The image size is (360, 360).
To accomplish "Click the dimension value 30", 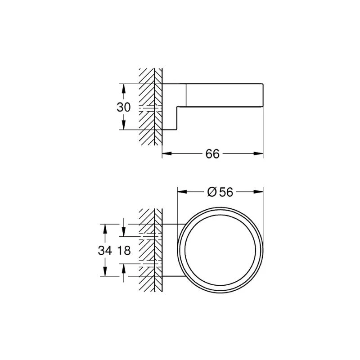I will [124, 107].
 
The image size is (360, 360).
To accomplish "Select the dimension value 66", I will [212, 153].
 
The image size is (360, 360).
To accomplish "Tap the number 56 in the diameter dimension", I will [226, 192].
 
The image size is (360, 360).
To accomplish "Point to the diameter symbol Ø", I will [212, 192].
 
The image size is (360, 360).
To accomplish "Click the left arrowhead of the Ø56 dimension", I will [181, 192].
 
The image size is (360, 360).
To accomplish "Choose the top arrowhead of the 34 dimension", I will [105, 227].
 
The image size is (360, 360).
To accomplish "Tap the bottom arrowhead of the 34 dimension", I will [105, 273].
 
